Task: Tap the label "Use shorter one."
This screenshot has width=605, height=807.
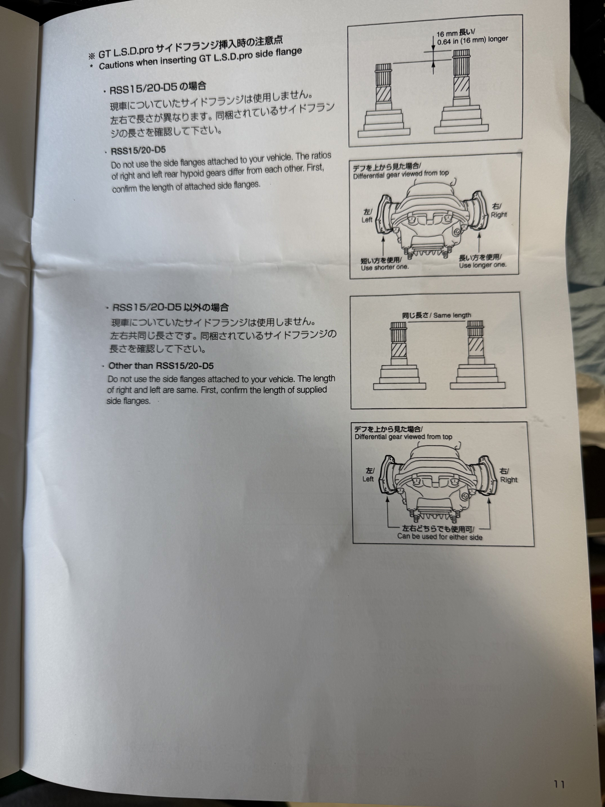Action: (385, 267)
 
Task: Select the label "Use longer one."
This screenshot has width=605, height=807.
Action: (483, 265)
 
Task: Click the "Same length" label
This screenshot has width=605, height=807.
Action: (452, 315)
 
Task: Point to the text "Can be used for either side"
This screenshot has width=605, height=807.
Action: (440, 537)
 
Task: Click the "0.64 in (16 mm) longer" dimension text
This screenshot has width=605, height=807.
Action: (473, 40)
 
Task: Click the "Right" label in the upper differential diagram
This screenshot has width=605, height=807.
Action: (499, 215)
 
